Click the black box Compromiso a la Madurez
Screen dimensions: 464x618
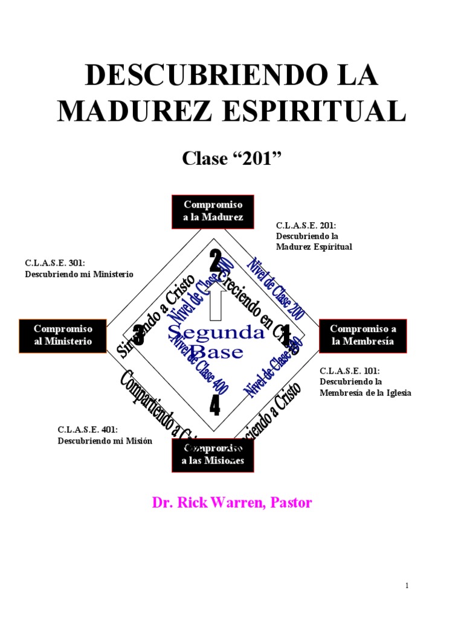click(x=213, y=212)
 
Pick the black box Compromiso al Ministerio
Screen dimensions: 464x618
click(x=63, y=336)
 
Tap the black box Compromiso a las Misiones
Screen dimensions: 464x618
click(x=213, y=455)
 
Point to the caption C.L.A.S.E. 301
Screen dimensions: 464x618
click(x=79, y=269)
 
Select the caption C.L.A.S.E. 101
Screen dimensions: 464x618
click(x=365, y=381)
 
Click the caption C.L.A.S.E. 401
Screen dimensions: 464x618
click(x=105, y=435)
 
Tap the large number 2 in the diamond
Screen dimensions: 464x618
click(x=215, y=262)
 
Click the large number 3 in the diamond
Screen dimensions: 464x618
click(x=138, y=334)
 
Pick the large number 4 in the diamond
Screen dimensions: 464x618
click(x=214, y=406)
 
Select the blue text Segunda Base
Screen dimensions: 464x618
click(x=216, y=342)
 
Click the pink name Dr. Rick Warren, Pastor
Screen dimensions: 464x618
click(x=231, y=503)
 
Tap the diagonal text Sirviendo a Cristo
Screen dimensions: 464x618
click(x=155, y=317)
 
